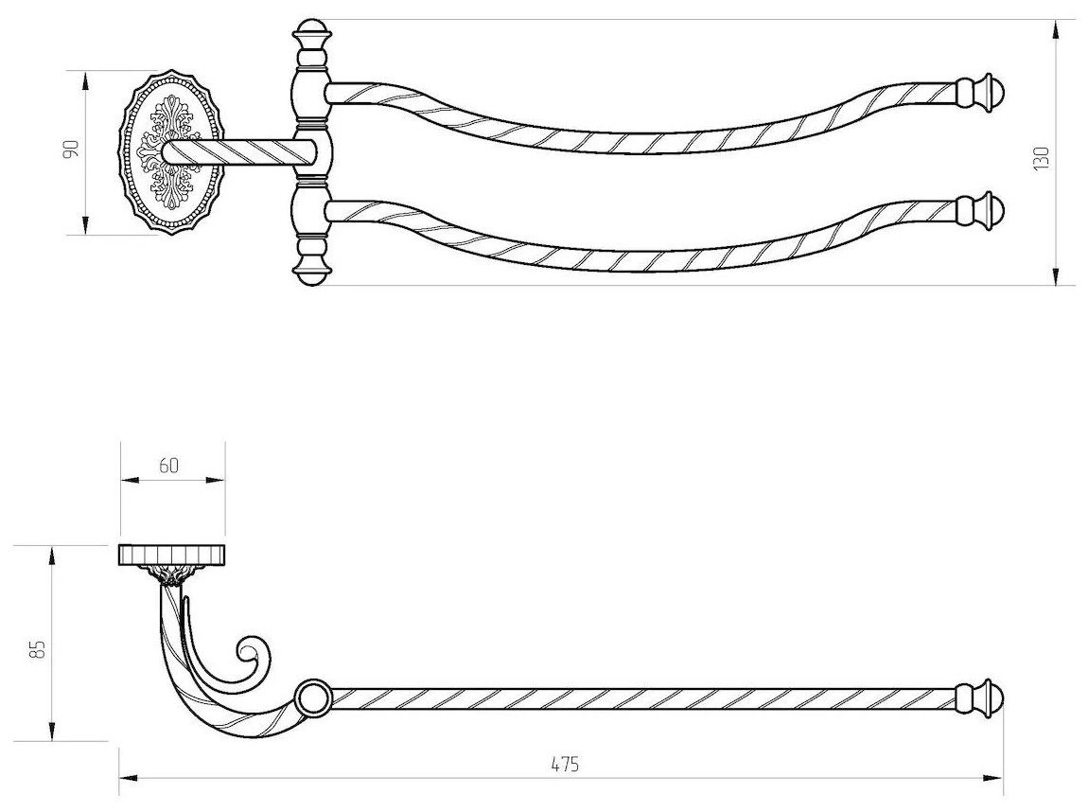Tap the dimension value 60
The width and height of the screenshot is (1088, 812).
click(x=171, y=465)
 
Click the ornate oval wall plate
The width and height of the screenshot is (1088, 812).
click(x=172, y=151)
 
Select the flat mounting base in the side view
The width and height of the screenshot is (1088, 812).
click(x=171, y=554)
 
